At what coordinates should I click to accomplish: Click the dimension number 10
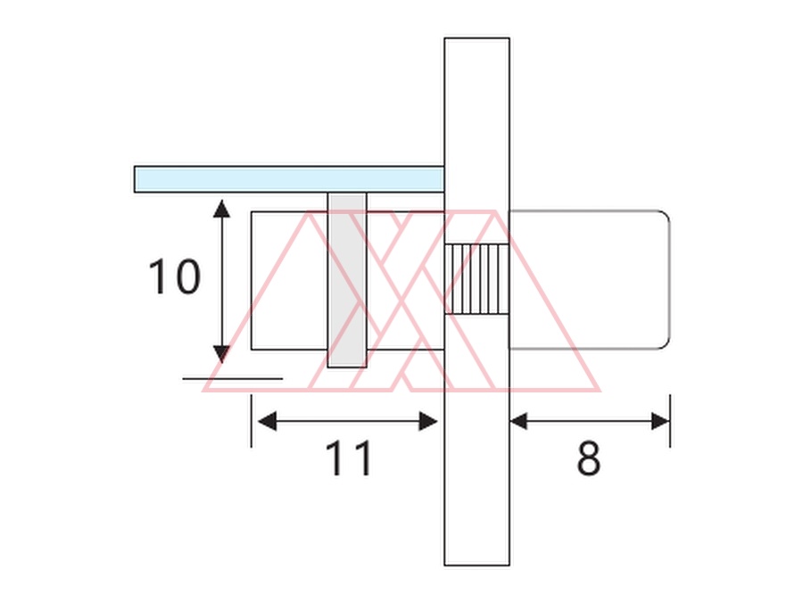tap(174, 276)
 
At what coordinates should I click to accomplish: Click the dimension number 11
tap(348, 458)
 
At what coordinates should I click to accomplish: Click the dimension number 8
tap(589, 458)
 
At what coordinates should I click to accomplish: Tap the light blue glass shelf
tap(289, 179)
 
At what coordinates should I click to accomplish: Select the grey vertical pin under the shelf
tap(347, 280)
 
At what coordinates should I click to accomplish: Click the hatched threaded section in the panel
tap(476, 279)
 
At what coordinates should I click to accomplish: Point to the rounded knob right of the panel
tap(589, 279)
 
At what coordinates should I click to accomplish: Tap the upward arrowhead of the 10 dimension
tap(221, 209)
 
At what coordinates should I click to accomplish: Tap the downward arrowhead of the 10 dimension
tap(221, 354)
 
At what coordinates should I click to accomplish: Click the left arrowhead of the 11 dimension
tap(268, 421)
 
